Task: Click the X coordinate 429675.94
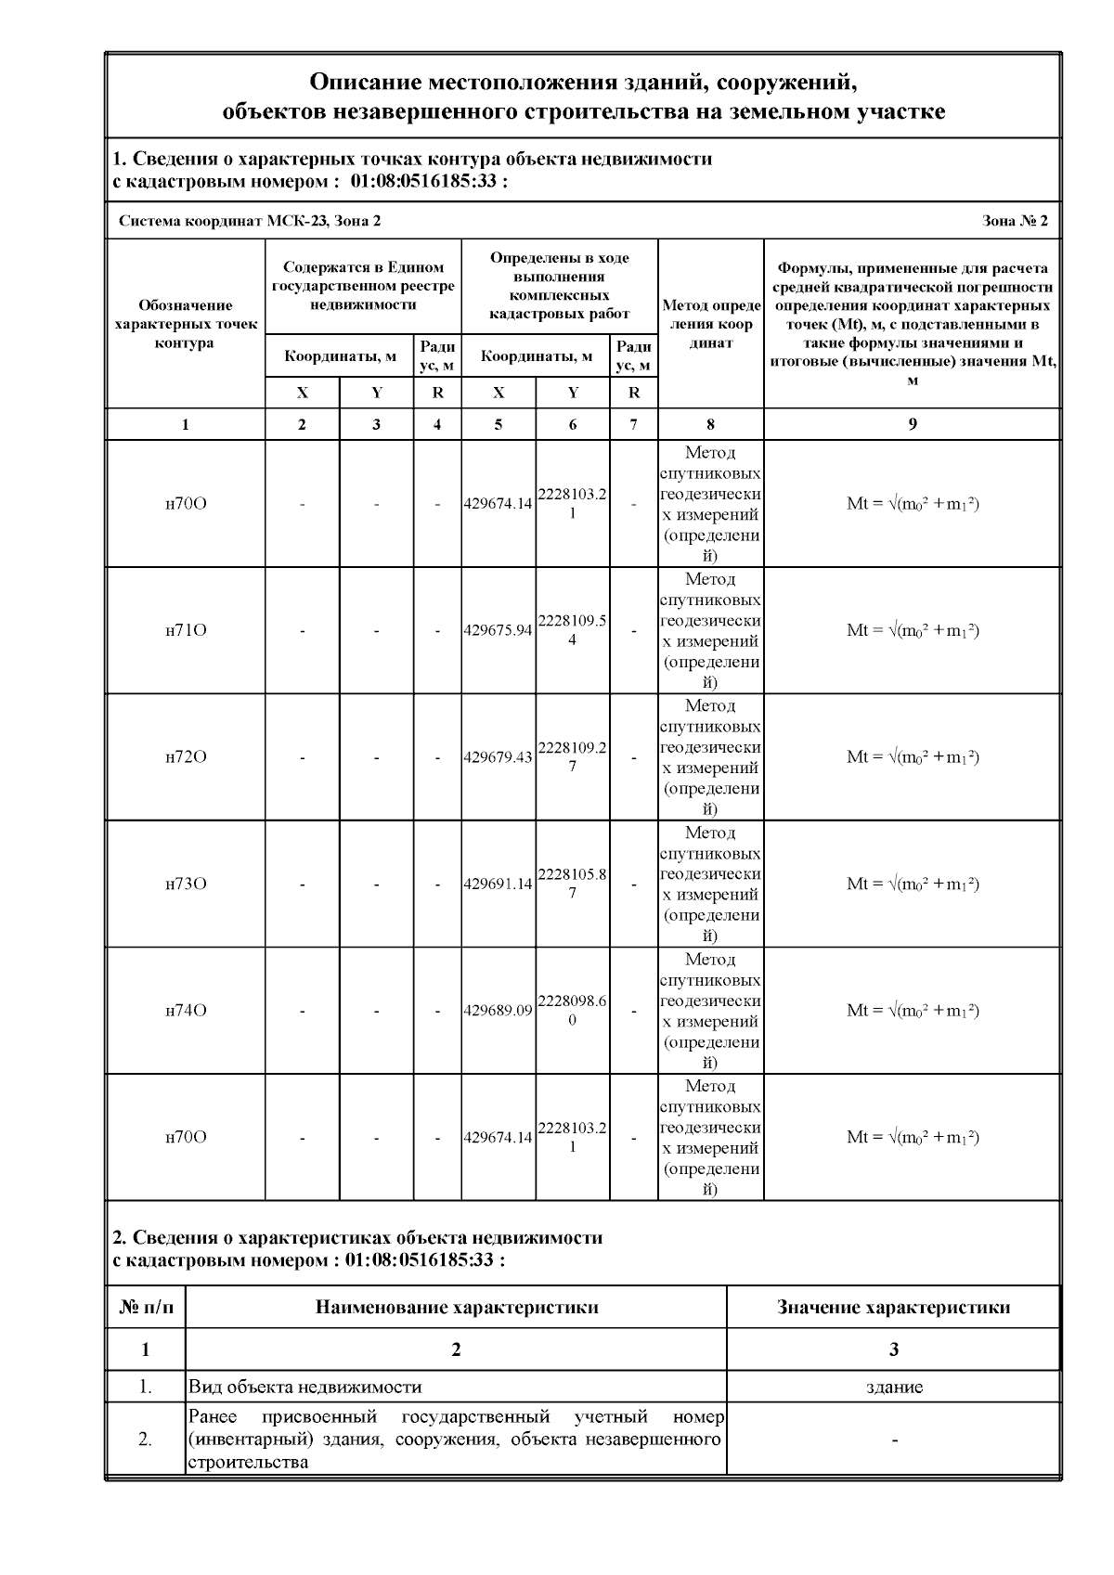[x=499, y=630]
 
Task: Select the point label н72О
[x=186, y=756]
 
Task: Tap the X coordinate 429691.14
[x=499, y=884]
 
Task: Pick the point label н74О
[x=186, y=1010]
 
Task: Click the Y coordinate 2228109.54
[x=572, y=630]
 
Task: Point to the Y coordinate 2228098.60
[x=572, y=1011]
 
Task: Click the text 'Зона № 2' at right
[x=1015, y=221]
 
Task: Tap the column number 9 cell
[x=913, y=424]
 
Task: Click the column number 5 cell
[x=499, y=424]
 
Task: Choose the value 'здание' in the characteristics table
[x=893, y=1387]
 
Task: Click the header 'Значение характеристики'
[x=893, y=1307]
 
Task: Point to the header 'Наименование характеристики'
[x=456, y=1307]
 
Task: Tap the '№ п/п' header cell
[x=146, y=1307]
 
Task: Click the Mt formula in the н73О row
[x=913, y=884]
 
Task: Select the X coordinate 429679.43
[x=499, y=756]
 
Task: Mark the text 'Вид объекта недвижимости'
[x=304, y=1387]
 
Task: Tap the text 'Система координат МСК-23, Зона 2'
[x=250, y=221]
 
